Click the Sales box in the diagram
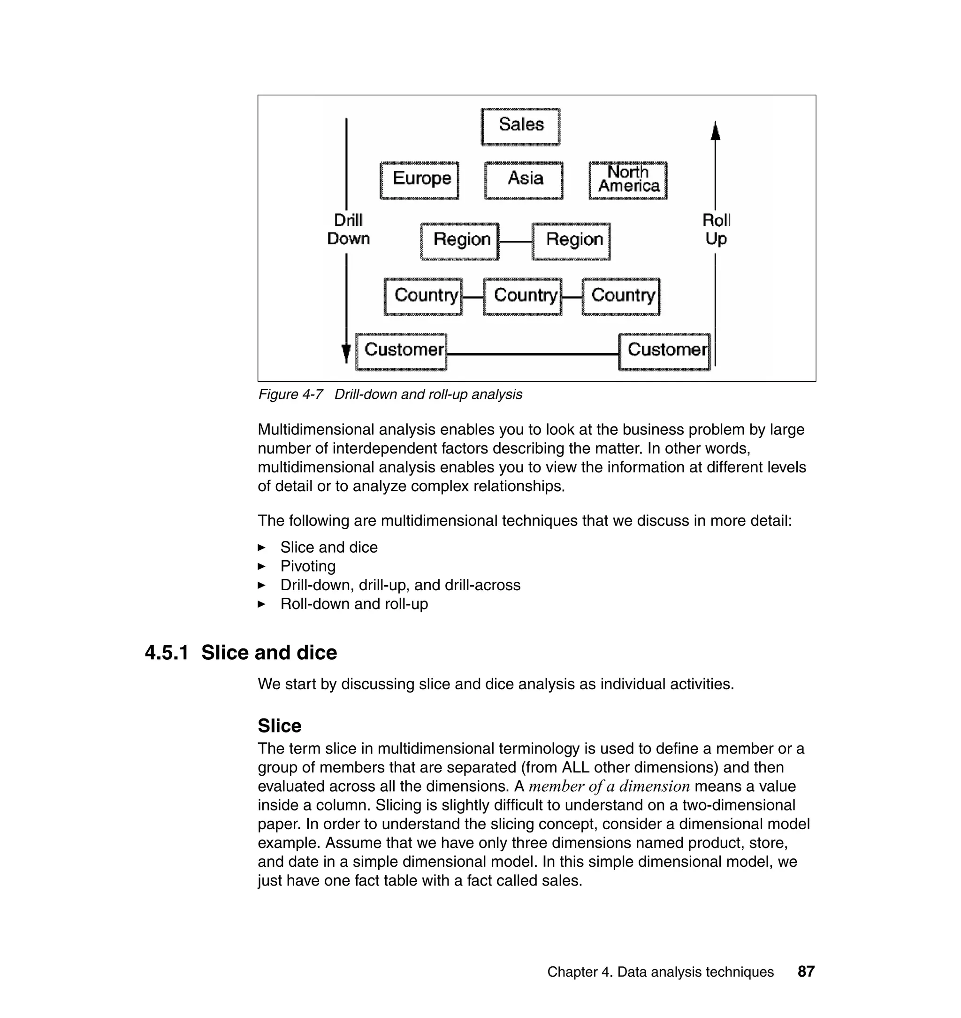pyautogui.click(x=520, y=126)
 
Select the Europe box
pyautogui.click(x=419, y=180)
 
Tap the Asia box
pyautogui.click(x=524, y=180)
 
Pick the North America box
pyautogui.click(x=628, y=180)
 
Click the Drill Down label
pyautogui.click(x=348, y=230)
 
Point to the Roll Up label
pyautogui.click(x=716, y=230)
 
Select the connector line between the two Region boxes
pyautogui.click(x=515, y=241)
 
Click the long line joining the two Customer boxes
pyautogui.click(x=533, y=354)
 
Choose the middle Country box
pyautogui.click(x=523, y=296)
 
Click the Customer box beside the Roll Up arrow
pyautogui.click(x=664, y=351)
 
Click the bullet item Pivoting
pyautogui.click(x=308, y=566)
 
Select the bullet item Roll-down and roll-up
pyautogui.click(x=354, y=604)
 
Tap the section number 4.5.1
pyautogui.click(x=167, y=653)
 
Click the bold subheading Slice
pyautogui.click(x=279, y=725)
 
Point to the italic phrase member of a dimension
pyautogui.click(x=609, y=787)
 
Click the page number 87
pyautogui.click(x=806, y=972)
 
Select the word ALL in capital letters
pyautogui.click(x=575, y=767)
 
